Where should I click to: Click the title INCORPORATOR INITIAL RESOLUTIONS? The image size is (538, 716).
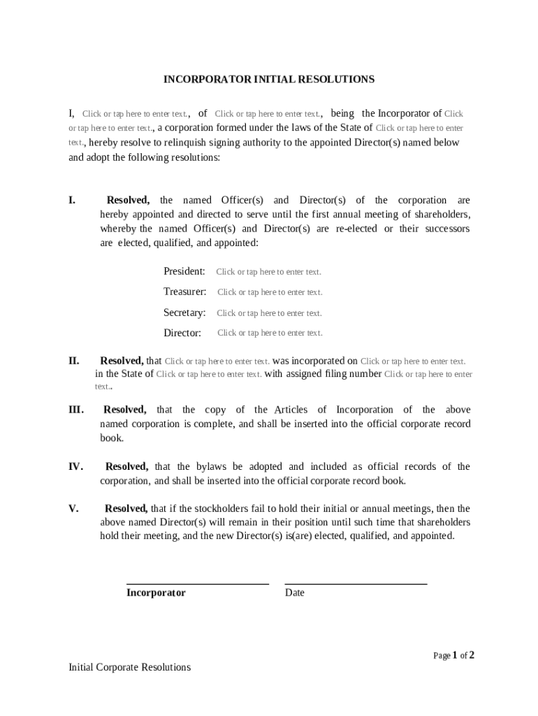pyautogui.click(x=269, y=80)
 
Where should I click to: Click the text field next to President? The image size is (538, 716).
pyautogui.click(x=268, y=272)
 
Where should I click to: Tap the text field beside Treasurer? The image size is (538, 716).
pyautogui.click(x=270, y=292)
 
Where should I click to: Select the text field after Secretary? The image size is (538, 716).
pyautogui.click(x=269, y=313)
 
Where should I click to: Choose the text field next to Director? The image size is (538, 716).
pyautogui.click(x=270, y=333)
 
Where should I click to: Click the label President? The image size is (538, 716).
pyautogui.click(x=184, y=271)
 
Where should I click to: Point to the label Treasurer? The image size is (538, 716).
pyautogui.click(x=185, y=292)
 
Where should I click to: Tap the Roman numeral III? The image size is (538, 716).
pyautogui.click(x=76, y=410)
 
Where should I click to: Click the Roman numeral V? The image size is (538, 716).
pyautogui.click(x=73, y=509)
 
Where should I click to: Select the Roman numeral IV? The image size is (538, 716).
pyautogui.click(x=76, y=466)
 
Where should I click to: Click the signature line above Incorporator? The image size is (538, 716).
pyautogui.click(x=197, y=583)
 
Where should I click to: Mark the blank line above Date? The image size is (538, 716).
pyautogui.click(x=356, y=583)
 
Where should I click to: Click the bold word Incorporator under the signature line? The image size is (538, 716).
pyautogui.click(x=156, y=593)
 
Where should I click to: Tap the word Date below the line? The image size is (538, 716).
pyautogui.click(x=295, y=593)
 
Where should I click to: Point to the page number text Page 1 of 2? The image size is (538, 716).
pyautogui.click(x=453, y=655)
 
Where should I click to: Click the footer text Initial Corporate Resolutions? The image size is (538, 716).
pyautogui.click(x=129, y=667)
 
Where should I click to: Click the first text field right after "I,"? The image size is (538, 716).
pyautogui.click(x=136, y=114)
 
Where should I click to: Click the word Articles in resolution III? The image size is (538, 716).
pyautogui.click(x=291, y=410)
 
